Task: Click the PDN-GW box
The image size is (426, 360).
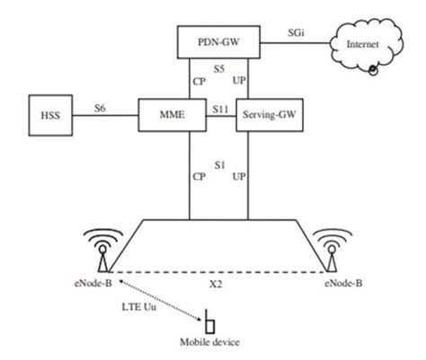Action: tap(217, 40)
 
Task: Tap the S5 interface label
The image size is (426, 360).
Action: tap(217, 69)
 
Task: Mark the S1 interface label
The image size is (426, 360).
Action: tap(217, 163)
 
